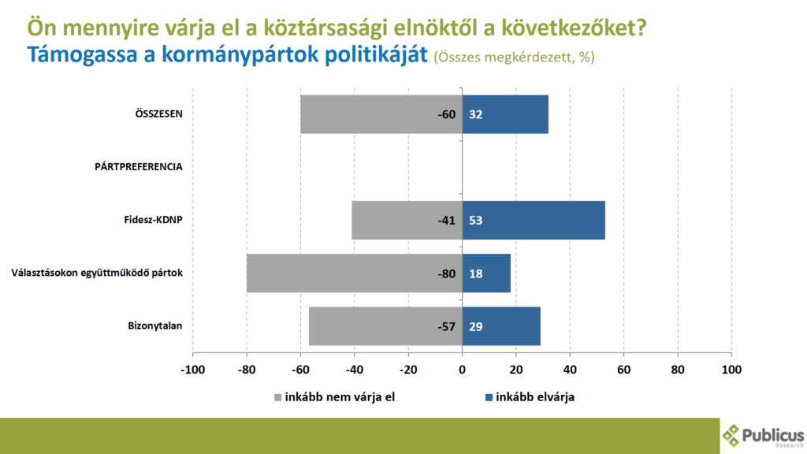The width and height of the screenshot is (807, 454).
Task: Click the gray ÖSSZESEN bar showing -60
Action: coord(381,114)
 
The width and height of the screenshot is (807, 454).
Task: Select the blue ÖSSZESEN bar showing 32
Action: coord(504,114)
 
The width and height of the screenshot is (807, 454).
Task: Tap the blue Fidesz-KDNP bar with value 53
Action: coord(534,220)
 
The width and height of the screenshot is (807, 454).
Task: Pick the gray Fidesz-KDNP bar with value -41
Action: coord(407,220)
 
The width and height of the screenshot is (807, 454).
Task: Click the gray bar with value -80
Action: coord(354,273)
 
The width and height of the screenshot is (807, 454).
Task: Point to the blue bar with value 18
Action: coord(486,273)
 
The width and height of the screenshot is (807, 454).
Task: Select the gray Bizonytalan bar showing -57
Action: coord(385,326)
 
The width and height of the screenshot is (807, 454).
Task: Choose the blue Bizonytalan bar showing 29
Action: coord(501,326)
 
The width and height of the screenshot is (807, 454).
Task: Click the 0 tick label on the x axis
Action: coord(463,369)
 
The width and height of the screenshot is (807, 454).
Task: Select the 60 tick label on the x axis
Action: coord(624,369)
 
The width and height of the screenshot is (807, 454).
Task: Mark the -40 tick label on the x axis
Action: coord(354,369)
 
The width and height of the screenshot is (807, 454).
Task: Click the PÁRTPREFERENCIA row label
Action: coord(139,167)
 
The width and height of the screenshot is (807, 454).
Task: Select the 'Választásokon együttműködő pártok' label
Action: coord(97,273)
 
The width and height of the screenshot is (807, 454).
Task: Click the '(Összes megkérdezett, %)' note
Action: coord(515,58)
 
